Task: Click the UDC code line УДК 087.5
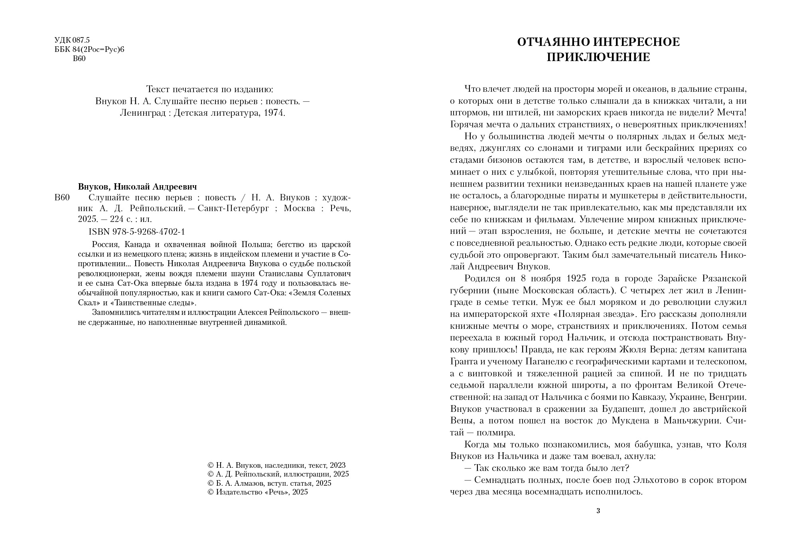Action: pos(72,40)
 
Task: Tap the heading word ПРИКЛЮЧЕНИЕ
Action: pos(598,57)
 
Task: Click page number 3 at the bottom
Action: pos(598,511)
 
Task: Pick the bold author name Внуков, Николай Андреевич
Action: pos(137,187)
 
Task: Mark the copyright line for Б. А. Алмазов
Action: pos(270,483)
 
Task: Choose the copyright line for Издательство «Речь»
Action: pos(262,492)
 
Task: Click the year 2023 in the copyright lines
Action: pos(337,465)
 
